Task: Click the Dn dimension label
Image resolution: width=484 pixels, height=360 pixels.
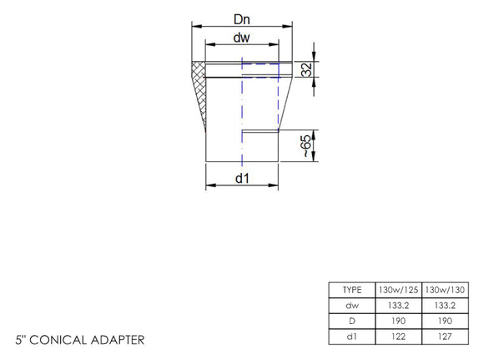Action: pyautogui.click(x=242, y=17)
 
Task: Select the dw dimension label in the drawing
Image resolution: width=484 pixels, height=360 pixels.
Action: pyautogui.click(x=242, y=38)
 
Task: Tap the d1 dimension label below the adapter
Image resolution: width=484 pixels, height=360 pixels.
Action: pyautogui.click(x=242, y=177)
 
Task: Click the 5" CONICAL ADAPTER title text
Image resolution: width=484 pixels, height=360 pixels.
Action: pyautogui.click(x=80, y=341)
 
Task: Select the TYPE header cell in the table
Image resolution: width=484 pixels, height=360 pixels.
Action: pyautogui.click(x=352, y=289)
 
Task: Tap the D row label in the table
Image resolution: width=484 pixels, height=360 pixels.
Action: pyautogui.click(x=352, y=321)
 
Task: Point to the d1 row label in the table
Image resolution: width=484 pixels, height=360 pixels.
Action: pyautogui.click(x=352, y=337)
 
